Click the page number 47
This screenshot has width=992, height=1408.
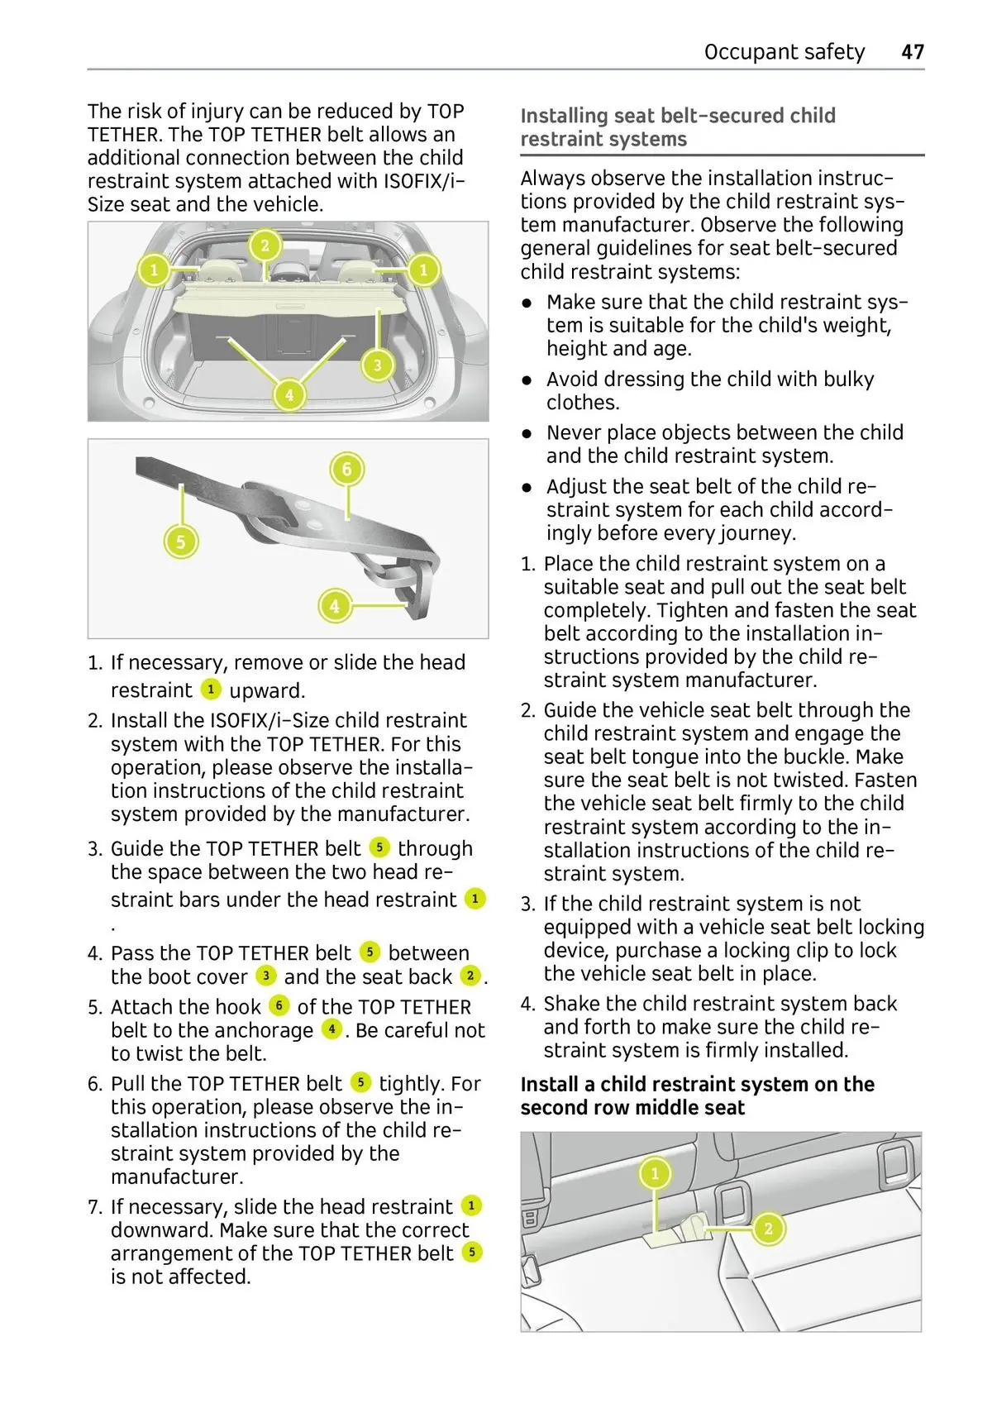point(912,52)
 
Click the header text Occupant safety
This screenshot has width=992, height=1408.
point(784,52)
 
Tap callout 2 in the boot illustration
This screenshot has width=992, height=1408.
point(265,245)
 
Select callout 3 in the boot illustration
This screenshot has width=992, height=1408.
point(378,365)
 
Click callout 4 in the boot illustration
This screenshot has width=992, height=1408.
point(289,394)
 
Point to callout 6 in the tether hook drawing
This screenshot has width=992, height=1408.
point(346,470)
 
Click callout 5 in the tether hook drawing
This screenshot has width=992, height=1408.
point(181,542)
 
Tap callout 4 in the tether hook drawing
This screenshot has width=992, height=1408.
point(334,606)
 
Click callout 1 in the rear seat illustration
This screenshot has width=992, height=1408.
point(655,1173)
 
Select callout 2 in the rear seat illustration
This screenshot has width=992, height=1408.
point(768,1228)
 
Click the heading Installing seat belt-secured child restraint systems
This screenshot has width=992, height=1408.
point(678,127)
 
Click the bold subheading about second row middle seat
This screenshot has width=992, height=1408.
point(697,1095)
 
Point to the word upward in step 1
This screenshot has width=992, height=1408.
point(267,690)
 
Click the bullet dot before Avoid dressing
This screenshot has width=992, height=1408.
point(526,380)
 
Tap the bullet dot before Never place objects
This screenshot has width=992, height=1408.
point(526,433)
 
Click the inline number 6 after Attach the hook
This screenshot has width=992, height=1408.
point(279,1006)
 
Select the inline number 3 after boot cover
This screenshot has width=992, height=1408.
point(265,976)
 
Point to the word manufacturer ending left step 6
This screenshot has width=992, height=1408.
point(177,1177)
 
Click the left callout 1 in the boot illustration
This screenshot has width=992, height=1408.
point(154,270)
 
